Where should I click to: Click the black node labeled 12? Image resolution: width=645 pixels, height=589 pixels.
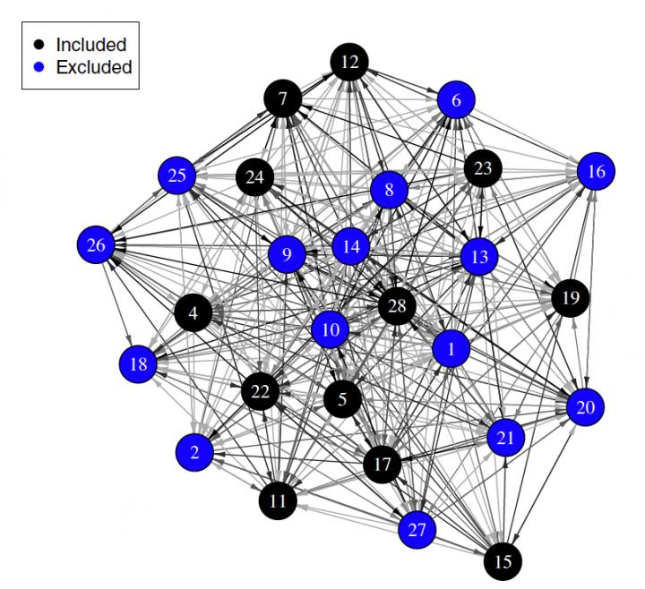pos(350,63)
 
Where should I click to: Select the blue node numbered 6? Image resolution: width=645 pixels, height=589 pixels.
pos(456,101)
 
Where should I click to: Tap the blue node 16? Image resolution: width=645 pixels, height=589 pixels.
pos(597,171)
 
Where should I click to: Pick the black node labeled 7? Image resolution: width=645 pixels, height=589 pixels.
pos(283,98)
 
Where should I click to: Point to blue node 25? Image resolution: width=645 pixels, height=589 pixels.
pos(177,175)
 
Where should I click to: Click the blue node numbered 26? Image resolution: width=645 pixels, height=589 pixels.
pos(98,245)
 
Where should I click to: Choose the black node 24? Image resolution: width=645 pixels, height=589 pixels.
pos(255,177)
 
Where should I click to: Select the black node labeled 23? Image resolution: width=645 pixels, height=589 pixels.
pos(483,168)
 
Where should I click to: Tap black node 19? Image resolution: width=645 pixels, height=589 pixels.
pos(570,296)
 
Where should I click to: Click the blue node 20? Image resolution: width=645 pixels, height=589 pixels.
pos(585,407)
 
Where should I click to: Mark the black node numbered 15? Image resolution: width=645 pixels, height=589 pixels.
pos(503,561)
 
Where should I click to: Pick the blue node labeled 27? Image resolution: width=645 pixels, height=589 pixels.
pos(417,529)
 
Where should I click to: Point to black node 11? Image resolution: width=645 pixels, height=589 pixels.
pos(279,500)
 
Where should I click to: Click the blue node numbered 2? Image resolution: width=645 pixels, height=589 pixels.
pos(195,453)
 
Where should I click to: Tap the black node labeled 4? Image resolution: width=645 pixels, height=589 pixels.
pos(193,313)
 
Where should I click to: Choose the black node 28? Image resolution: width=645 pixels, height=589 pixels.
pos(398,307)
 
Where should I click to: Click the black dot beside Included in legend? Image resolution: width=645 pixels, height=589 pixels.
pos(39,44)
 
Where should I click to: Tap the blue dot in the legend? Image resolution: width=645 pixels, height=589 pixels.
pos(39,66)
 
